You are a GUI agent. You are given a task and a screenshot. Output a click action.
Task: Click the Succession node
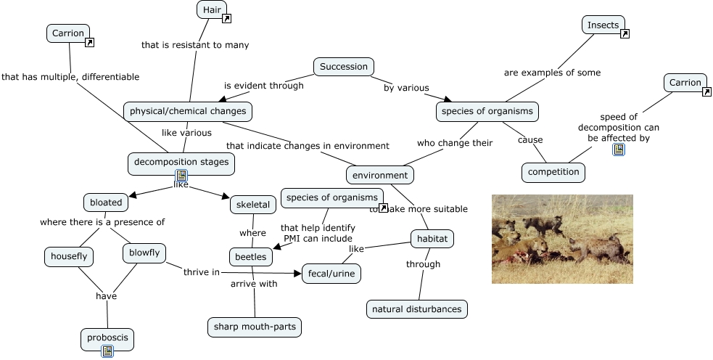click(344, 67)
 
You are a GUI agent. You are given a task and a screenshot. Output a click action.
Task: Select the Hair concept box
click(211, 9)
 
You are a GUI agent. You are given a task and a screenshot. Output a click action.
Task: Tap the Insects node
click(603, 25)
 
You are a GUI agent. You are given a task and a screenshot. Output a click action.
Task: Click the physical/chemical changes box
click(188, 111)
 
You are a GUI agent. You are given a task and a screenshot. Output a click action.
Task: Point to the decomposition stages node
click(181, 163)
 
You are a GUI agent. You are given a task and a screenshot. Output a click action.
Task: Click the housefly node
click(69, 255)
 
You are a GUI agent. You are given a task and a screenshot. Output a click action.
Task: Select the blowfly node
click(144, 253)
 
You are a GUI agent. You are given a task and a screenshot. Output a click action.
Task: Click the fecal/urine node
click(331, 273)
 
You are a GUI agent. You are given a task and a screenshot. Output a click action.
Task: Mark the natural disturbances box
click(416, 309)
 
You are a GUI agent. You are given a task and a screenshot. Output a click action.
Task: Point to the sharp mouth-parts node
click(255, 327)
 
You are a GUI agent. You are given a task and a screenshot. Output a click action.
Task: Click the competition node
click(553, 172)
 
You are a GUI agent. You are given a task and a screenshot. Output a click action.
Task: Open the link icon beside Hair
click(226, 19)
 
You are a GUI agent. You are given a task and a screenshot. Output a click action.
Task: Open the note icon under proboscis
click(107, 351)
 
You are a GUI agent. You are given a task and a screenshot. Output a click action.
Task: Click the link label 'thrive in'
click(202, 272)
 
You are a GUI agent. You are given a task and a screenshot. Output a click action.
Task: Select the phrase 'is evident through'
click(263, 86)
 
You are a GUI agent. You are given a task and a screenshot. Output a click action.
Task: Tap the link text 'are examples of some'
click(552, 73)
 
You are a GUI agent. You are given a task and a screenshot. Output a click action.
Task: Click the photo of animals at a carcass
click(562, 239)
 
